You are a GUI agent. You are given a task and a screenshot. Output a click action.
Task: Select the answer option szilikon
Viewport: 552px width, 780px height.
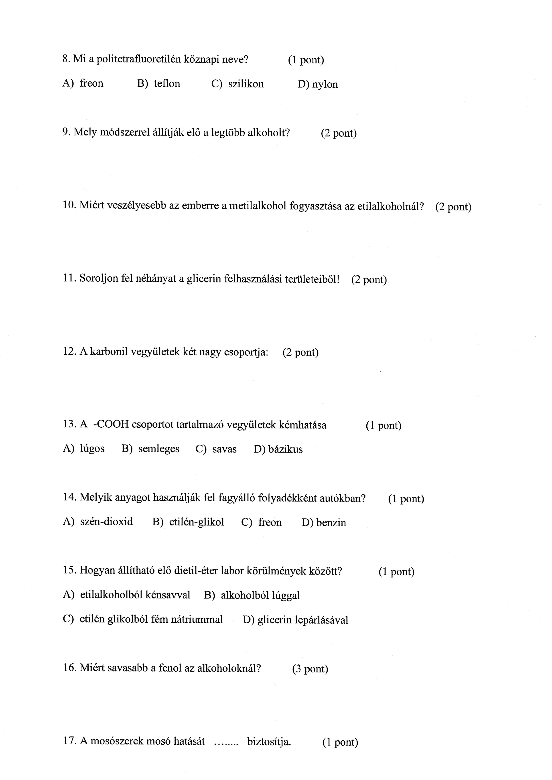tap(246, 84)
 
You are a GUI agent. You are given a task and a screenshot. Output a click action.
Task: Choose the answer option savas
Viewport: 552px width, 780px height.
tap(224, 449)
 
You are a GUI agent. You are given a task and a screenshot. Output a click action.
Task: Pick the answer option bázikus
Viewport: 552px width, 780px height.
tap(286, 449)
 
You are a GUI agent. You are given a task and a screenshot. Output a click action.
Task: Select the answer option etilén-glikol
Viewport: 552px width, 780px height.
tap(197, 522)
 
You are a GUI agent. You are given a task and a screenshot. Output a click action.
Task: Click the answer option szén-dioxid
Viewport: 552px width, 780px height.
tap(106, 522)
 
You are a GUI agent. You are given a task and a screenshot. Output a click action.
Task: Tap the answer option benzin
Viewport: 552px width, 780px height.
tap(331, 522)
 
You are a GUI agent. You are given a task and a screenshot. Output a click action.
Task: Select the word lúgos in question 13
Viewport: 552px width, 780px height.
tap(92, 449)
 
